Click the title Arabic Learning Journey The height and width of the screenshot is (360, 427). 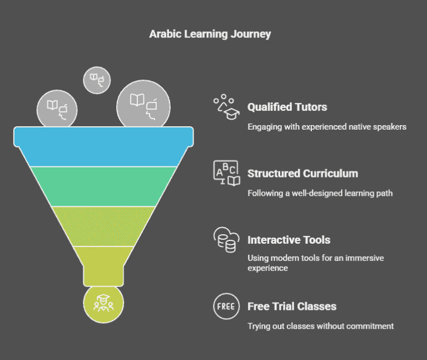click(x=210, y=34)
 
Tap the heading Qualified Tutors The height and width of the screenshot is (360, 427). click(x=287, y=107)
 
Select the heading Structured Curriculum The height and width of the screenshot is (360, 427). click(x=302, y=174)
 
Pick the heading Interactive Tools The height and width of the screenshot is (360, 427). click(x=289, y=240)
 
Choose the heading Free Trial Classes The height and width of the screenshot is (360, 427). click(x=291, y=306)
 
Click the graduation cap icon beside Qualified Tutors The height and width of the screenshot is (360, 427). click(x=225, y=106)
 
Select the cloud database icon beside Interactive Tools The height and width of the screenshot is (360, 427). click(x=225, y=240)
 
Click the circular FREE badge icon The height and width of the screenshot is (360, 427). click(x=225, y=306)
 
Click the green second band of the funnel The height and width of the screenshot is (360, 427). click(x=103, y=186)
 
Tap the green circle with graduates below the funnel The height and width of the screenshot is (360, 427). click(x=103, y=304)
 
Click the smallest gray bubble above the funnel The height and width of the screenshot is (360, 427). click(x=97, y=80)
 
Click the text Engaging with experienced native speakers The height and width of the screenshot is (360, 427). click(x=326, y=127)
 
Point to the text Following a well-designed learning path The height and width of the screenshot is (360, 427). click(x=320, y=194)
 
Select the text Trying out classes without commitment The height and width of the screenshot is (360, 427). click(x=320, y=326)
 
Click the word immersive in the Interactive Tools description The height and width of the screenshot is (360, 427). click(x=367, y=258)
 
